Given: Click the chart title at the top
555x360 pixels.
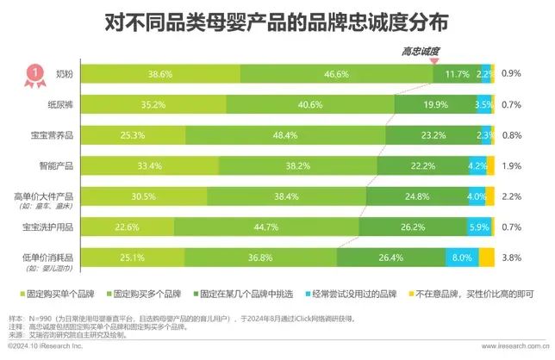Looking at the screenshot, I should (x=277, y=20).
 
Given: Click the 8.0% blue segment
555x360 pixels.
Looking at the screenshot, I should (x=462, y=257).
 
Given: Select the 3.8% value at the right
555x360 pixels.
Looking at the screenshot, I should (x=511, y=257).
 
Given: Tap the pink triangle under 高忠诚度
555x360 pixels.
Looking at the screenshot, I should (x=435, y=61).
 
